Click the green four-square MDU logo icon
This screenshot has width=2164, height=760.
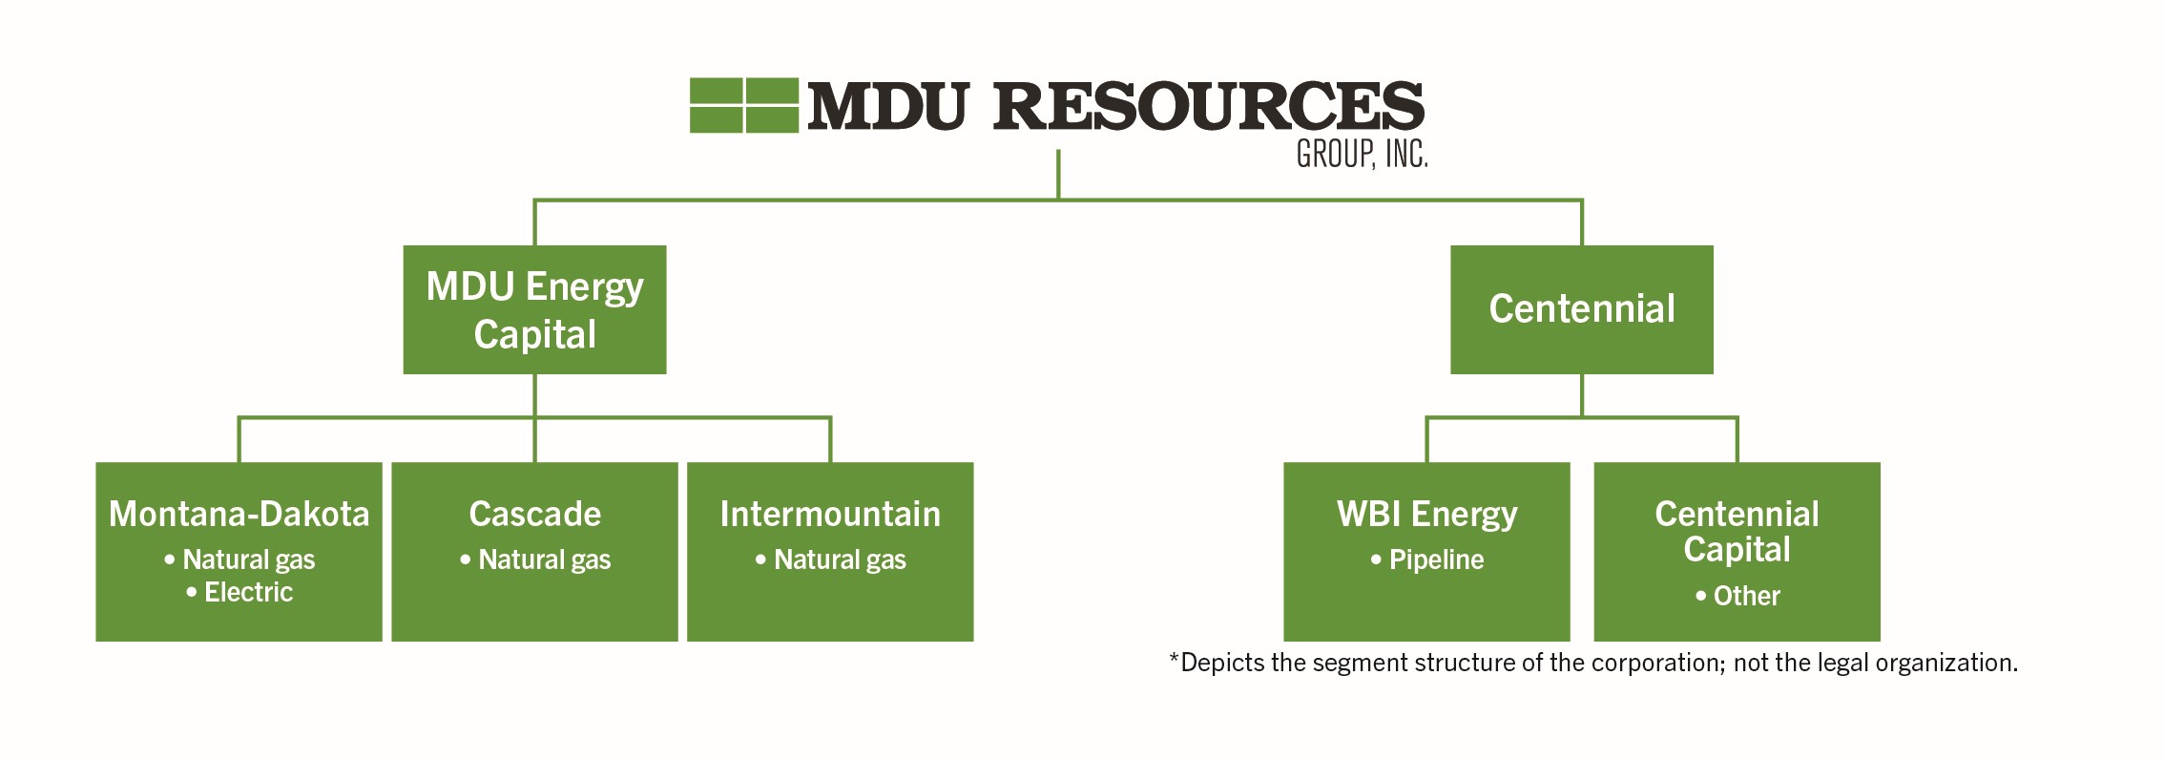(743, 105)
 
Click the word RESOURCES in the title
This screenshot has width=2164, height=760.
(1208, 106)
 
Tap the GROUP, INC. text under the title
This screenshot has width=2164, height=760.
(1362, 155)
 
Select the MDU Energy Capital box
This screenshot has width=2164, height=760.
(534, 309)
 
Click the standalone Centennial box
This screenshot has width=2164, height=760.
(1581, 309)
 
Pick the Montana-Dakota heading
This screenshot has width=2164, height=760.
(239, 515)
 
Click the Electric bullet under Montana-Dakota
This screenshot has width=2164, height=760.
(248, 593)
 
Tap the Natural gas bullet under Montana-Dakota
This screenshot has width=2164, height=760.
(248, 559)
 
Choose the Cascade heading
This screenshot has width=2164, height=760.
(534, 515)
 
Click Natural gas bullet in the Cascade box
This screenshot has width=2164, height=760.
(544, 559)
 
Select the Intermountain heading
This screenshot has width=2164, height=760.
(830, 515)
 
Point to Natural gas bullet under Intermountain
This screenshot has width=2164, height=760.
(840, 559)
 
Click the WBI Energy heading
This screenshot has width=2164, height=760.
(1426, 515)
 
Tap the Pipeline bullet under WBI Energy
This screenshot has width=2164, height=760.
(1436, 559)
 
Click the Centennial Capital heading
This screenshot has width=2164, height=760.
(1737, 531)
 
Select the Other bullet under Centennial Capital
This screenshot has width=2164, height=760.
(1746, 596)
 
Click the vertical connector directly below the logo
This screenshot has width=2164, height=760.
(1058, 175)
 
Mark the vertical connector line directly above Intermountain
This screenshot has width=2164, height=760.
(830, 440)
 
